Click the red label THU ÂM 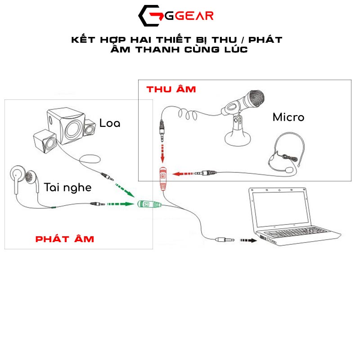(171, 89)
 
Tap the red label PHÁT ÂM (64, 238)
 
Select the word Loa (110, 123)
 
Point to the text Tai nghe (67, 187)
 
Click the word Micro (288, 117)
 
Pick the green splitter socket (147, 205)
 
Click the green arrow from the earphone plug (121, 204)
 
